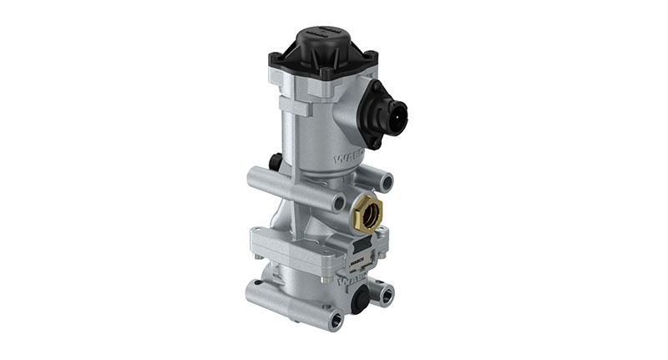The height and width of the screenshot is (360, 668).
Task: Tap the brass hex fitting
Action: point(368,213)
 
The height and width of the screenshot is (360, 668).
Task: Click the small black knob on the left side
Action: point(275,160)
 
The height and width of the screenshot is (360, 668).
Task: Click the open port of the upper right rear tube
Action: point(387,180)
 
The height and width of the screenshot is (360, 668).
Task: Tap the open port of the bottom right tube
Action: point(386,294)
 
